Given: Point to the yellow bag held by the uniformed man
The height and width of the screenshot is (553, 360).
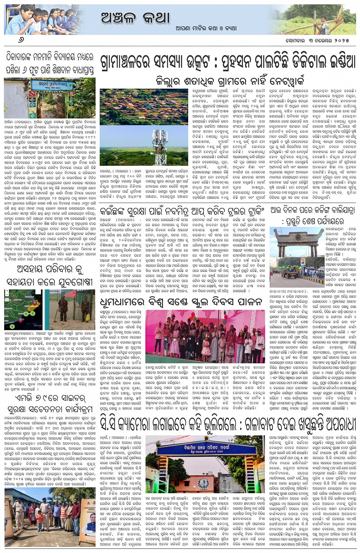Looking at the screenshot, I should (x=88, y=317).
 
